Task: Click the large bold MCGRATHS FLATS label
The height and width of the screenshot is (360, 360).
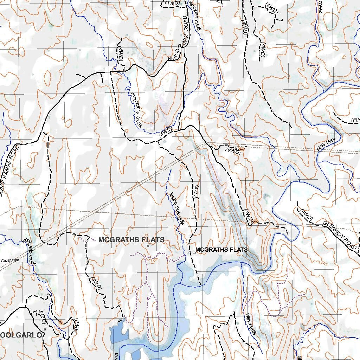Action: point(131,240)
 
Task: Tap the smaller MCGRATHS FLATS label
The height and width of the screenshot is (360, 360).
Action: point(221,250)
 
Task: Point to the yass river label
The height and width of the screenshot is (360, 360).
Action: point(326,144)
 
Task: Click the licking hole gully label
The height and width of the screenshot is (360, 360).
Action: point(175,208)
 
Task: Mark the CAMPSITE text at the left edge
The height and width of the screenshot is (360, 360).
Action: point(9,261)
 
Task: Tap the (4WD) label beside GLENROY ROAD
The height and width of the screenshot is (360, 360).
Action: point(306,215)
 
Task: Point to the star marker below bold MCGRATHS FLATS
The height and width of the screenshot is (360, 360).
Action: point(148,246)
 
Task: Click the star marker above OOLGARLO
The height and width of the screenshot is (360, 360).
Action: point(45,329)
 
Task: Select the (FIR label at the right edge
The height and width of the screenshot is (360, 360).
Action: point(355,120)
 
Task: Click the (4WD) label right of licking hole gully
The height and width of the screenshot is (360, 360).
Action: point(195,192)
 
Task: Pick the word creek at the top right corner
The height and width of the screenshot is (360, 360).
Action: point(320,6)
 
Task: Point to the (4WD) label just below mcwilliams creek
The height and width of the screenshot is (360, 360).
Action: point(165,131)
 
